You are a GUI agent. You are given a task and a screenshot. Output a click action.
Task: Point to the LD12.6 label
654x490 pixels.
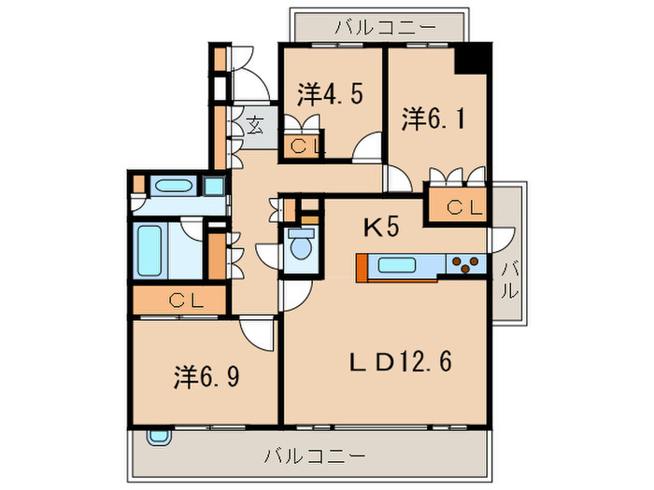402,361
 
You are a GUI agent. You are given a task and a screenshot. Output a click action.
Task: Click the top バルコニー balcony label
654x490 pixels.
377,26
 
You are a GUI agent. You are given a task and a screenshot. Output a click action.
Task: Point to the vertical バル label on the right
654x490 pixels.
508,279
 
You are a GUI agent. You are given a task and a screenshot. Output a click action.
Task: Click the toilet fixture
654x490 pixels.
300,247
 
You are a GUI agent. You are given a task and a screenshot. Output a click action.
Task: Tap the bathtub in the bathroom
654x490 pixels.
151,249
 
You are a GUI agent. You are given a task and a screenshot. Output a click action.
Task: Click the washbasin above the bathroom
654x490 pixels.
172,185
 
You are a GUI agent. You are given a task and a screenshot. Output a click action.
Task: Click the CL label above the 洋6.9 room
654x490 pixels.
182,301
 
